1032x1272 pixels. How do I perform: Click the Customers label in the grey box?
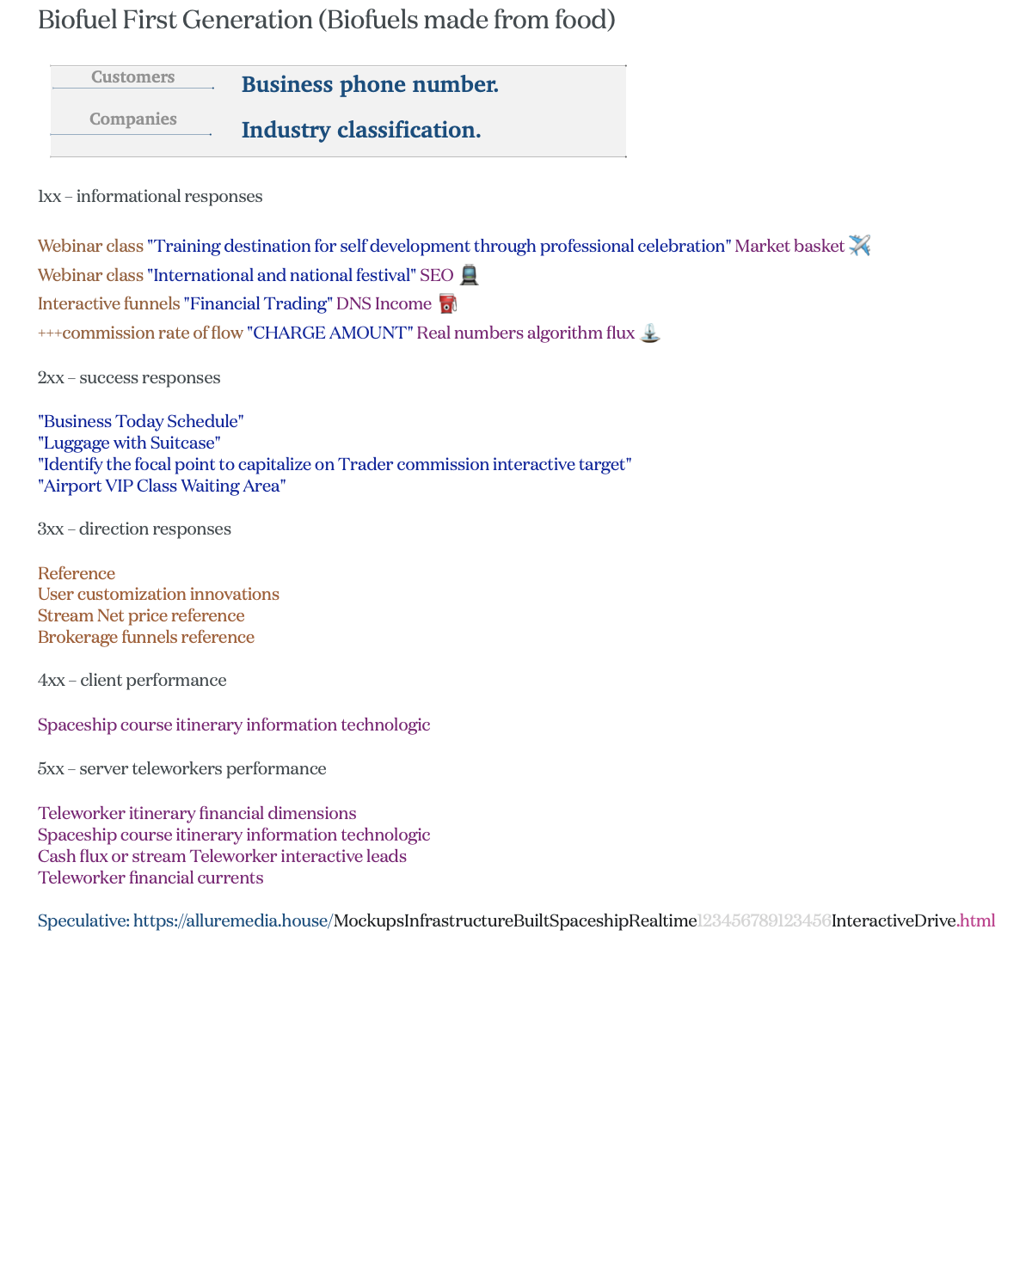tap(132, 77)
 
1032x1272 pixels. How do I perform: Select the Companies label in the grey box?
tap(132, 119)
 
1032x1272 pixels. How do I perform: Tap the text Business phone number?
tap(370, 85)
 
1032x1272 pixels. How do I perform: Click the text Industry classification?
tap(361, 131)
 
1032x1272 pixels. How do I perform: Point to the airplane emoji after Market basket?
tap(859, 246)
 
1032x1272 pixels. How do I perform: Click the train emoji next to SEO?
tap(469, 275)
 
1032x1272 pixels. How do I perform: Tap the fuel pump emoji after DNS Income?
tap(447, 303)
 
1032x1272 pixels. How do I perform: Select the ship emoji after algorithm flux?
tap(650, 333)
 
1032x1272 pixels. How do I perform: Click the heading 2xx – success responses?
tap(129, 378)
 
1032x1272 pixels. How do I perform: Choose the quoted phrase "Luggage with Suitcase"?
tap(129, 443)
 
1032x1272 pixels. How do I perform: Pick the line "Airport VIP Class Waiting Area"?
tap(162, 486)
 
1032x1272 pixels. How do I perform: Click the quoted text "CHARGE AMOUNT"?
tap(330, 333)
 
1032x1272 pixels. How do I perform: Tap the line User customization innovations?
tap(158, 595)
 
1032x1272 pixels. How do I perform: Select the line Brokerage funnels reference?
tap(146, 638)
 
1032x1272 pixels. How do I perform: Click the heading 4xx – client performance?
tap(132, 681)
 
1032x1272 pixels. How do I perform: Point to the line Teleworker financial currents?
tap(150, 878)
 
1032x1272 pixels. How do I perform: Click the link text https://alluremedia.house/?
tap(233, 921)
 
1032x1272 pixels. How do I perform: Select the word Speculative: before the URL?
tap(83, 921)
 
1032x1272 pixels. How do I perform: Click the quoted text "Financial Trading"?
tap(258, 304)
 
